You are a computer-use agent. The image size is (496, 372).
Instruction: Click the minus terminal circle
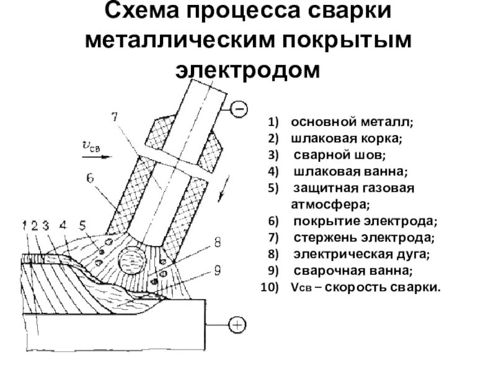[x=238, y=110]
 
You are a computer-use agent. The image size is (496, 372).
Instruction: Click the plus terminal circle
[x=237, y=324]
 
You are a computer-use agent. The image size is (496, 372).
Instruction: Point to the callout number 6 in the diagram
[x=90, y=178]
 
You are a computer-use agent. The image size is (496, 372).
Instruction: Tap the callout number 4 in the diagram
[x=63, y=226]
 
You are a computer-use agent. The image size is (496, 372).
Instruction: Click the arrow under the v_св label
[x=97, y=157]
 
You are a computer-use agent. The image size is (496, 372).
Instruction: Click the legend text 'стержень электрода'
[x=363, y=237]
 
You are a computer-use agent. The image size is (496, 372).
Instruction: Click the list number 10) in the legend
[x=272, y=288]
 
